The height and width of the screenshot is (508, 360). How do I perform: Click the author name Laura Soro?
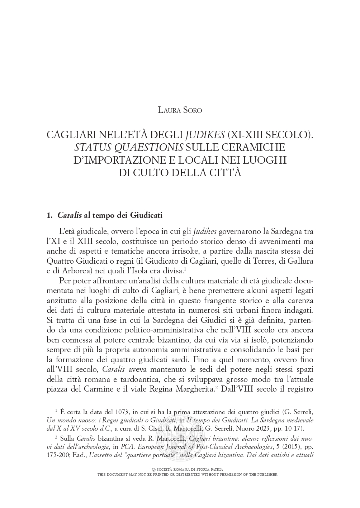coord(180,110)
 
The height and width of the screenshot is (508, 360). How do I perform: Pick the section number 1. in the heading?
coord(50,216)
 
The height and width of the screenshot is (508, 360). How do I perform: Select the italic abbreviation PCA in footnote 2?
coord(130,447)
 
